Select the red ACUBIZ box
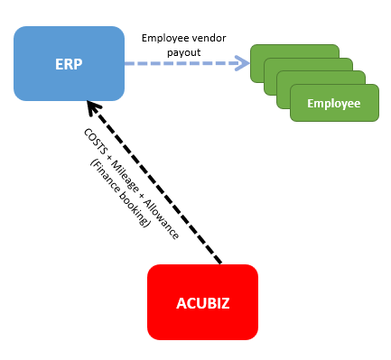[x=202, y=301]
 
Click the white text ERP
[x=69, y=63]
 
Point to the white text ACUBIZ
[x=202, y=302]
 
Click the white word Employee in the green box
[x=333, y=104]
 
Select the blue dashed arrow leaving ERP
[x=181, y=63]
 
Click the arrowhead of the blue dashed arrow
[x=241, y=63]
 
